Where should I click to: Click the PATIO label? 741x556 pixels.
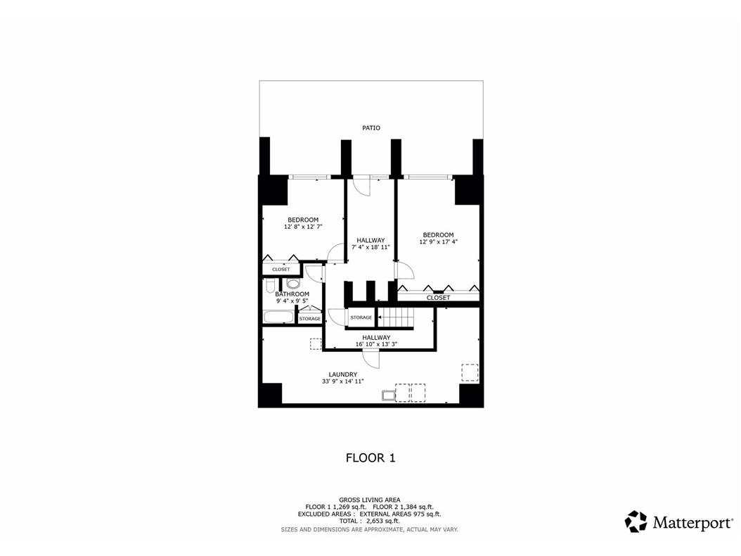point(371,128)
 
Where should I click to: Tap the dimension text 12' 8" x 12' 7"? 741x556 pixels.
point(302,227)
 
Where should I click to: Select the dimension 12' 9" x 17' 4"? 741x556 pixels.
point(437,243)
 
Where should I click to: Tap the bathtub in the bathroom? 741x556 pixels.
point(278,317)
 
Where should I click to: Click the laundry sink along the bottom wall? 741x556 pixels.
point(387,396)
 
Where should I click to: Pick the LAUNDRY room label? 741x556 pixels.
point(342,374)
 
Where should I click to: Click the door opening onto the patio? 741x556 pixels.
point(361,185)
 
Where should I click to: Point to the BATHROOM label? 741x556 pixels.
point(292,294)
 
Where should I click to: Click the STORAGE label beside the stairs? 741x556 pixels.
point(361,318)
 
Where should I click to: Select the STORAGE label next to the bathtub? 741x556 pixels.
point(310,319)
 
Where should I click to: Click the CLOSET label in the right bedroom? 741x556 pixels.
point(438,298)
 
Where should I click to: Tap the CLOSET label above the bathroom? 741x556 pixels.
point(281,270)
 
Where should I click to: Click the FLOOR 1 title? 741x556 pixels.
point(370,458)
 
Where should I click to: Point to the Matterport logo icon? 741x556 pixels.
point(636,522)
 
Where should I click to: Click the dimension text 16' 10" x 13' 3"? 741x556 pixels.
point(376,345)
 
